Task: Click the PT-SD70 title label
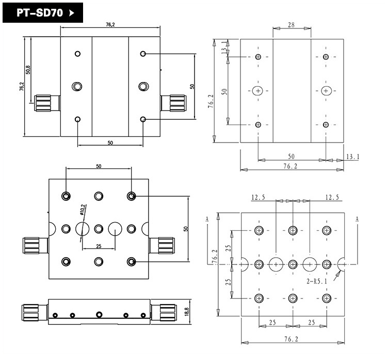coord(38,13)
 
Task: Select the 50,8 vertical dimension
coord(28,69)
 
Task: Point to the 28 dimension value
coord(292,25)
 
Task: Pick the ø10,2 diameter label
coord(83,210)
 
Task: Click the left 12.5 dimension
coord(259,197)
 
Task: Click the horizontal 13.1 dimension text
coord(353,156)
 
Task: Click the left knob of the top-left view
coord(45,103)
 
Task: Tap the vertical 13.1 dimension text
coord(223,50)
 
